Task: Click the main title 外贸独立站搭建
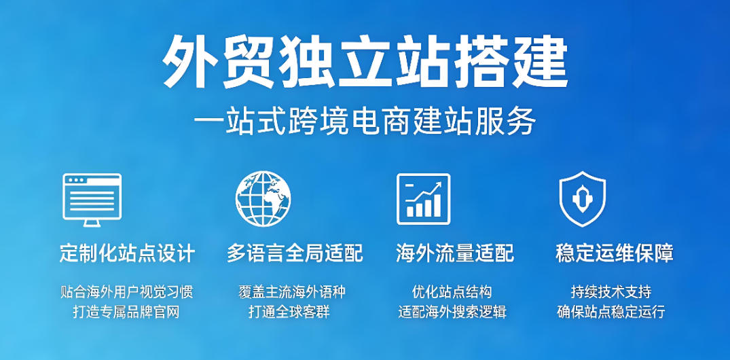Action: (x=365, y=62)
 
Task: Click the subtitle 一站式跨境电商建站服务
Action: (x=365, y=122)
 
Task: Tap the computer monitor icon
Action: (x=92, y=200)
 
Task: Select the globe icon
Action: (x=263, y=199)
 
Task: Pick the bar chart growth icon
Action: (x=423, y=199)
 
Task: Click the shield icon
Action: (x=583, y=199)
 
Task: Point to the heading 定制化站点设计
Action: (x=127, y=253)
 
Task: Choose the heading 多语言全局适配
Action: (x=295, y=253)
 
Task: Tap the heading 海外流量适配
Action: (x=455, y=253)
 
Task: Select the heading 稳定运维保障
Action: (x=615, y=253)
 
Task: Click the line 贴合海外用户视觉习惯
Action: (x=126, y=293)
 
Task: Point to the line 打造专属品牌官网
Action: (x=126, y=312)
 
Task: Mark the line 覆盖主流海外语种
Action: (x=292, y=293)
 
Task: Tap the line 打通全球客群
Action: (x=289, y=312)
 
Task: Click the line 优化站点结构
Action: (x=452, y=293)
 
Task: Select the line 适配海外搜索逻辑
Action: (x=452, y=312)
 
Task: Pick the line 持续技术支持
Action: (x=611, y=293)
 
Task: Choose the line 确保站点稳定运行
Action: (x=611, y=312)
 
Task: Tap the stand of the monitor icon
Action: (x=92, y=223)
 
